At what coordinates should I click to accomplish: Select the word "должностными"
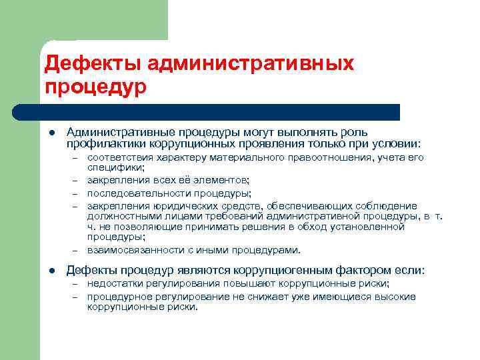tap(121, 215)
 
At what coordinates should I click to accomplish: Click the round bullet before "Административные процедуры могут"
tap(51, 133)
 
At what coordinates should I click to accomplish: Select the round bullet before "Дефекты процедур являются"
tap(51, 271)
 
